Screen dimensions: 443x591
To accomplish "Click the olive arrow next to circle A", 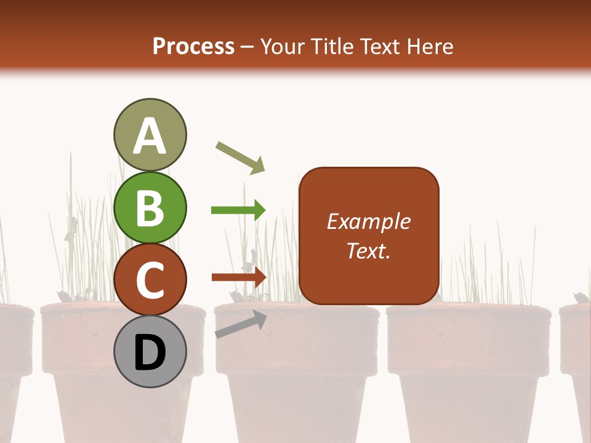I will coord(240,157).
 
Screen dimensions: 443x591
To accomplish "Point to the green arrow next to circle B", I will coord(238,210).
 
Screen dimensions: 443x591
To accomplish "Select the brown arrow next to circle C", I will coord(239,277).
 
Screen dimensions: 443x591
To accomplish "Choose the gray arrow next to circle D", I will coord(241,324).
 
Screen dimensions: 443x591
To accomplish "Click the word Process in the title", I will coord(193,47).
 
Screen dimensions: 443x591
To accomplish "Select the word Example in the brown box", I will coord(369,221).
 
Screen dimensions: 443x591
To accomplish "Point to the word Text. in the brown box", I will coord(369,250).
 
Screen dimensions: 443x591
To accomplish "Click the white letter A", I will coord(150,137).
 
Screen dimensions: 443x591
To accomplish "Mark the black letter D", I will coord(150,353).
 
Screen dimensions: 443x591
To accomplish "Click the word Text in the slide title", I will coord(380,47).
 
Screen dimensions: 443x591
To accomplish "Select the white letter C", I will coord(150,281).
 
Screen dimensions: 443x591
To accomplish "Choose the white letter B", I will coord(150,208).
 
